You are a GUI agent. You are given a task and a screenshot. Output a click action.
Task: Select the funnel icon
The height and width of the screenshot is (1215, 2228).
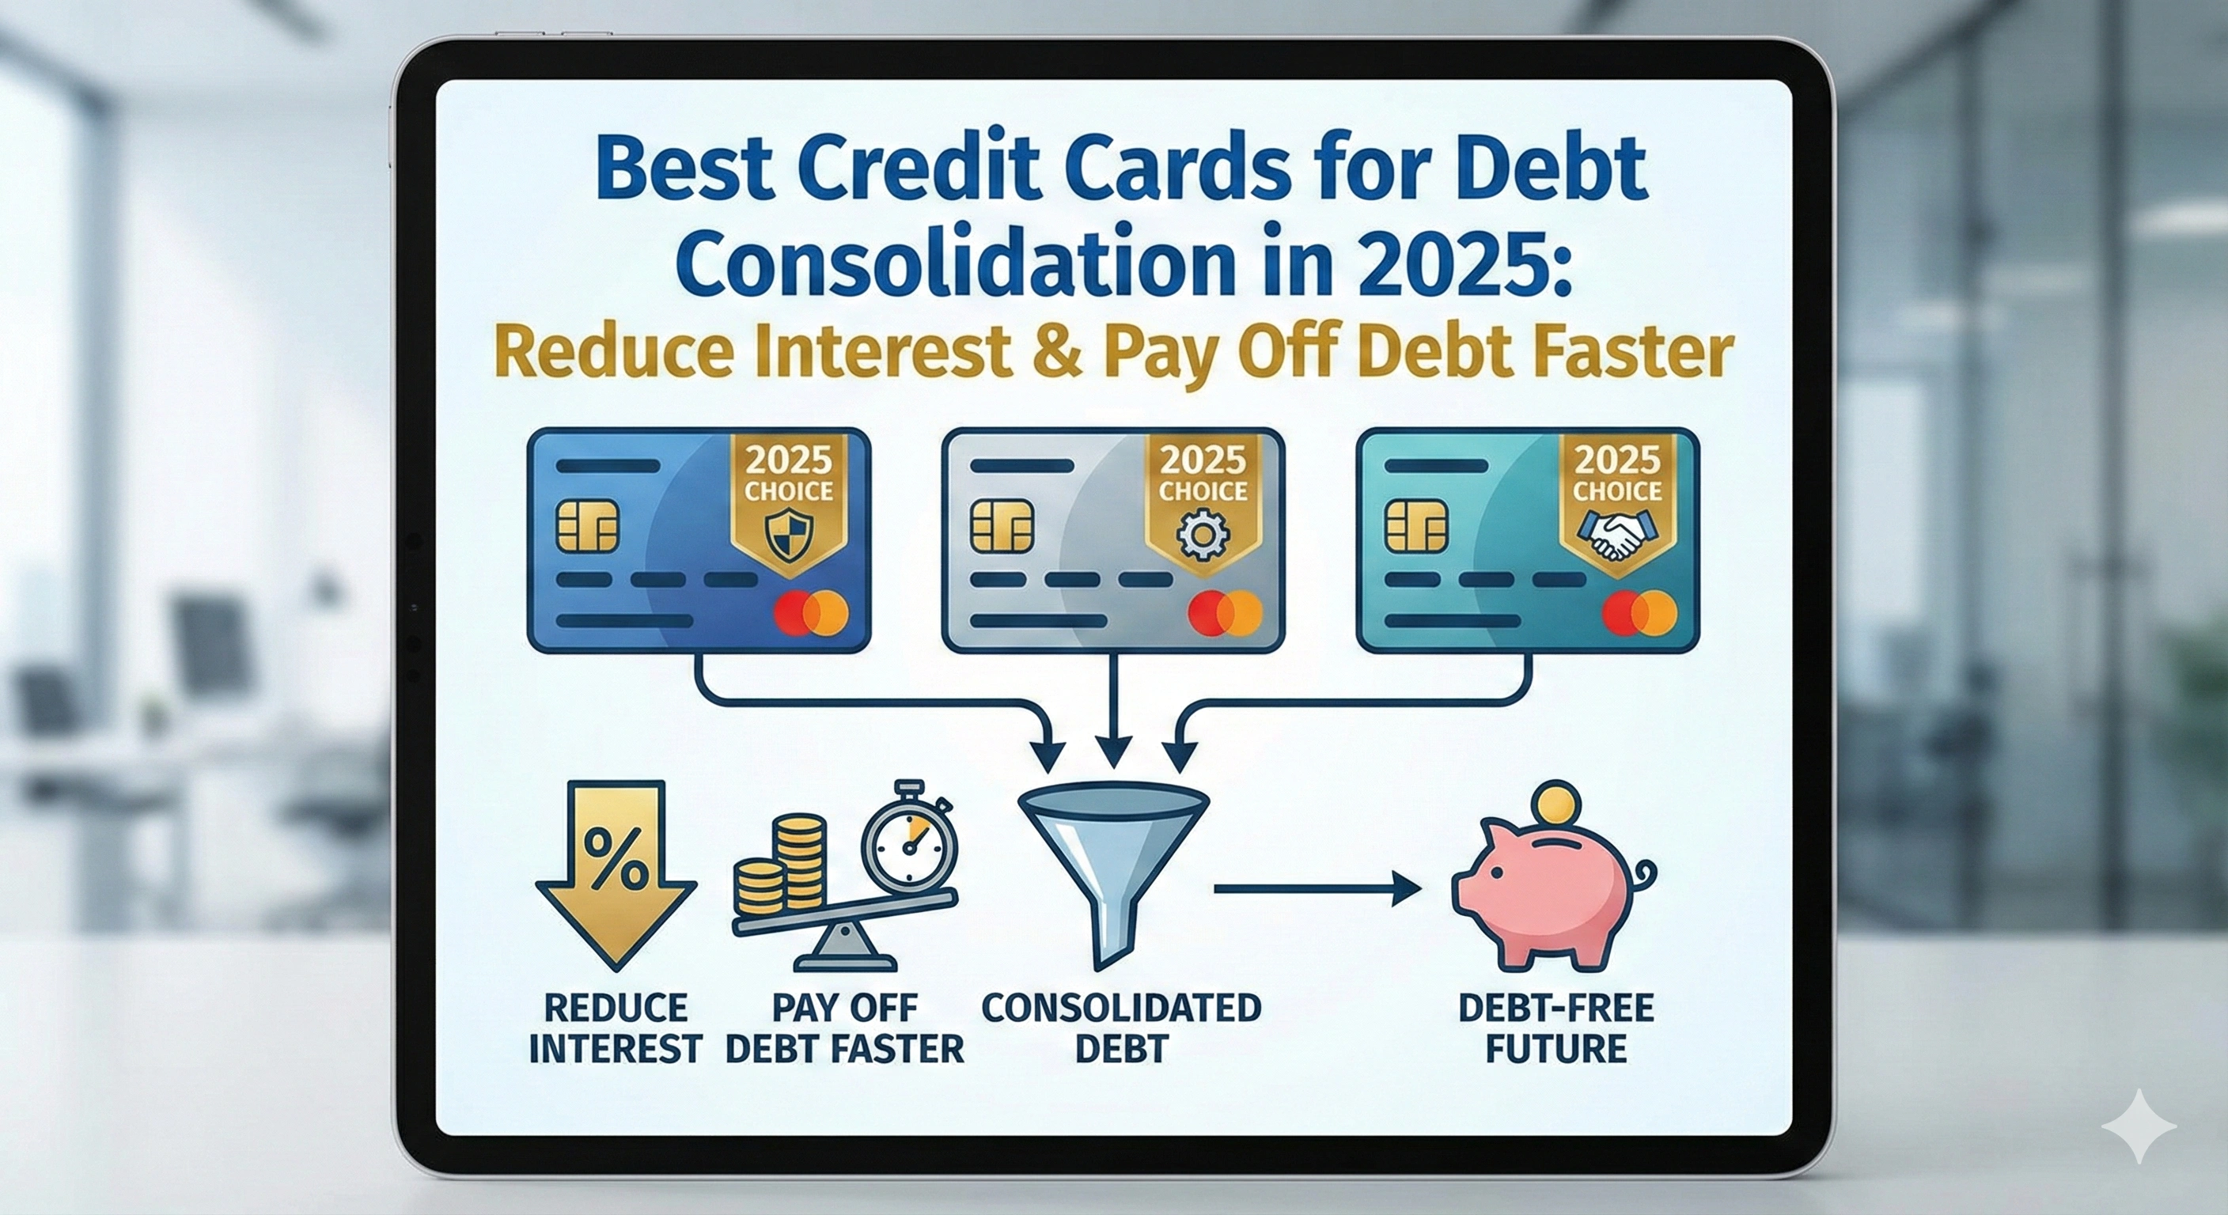coord(1112,873)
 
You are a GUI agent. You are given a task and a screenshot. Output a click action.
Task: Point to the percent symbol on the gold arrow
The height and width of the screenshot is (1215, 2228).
coord(615,857)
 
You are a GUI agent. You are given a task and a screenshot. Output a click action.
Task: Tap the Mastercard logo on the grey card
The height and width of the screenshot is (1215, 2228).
coord(1225,613)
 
